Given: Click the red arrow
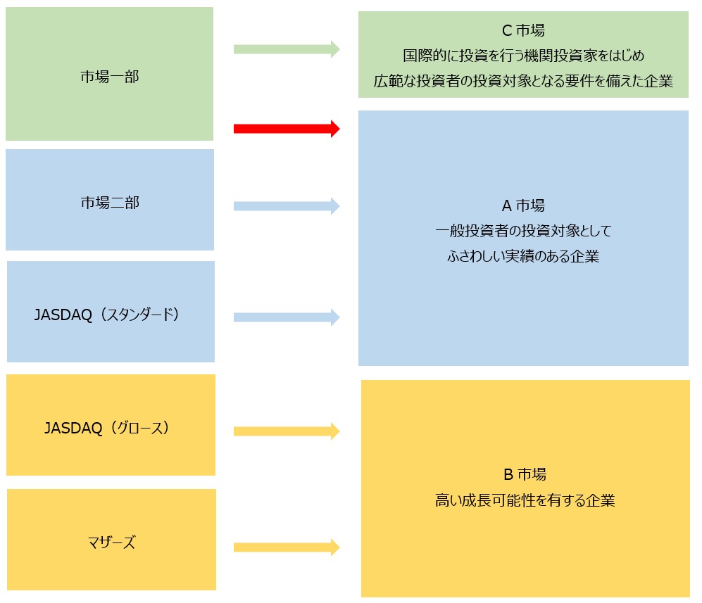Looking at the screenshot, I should click(x=287, y=129).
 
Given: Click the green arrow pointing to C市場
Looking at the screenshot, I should click(x=287, y=49).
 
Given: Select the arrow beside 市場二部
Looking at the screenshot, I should click(x=287, y=206).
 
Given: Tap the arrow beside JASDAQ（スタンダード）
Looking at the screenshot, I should click(x=287, y=317).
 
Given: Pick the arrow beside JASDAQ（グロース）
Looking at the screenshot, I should click(x=287, y=431).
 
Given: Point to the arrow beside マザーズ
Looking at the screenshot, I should click(x=287, y=547).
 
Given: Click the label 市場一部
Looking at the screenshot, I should click(x=110, y=77).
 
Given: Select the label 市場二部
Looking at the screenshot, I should click(x=110, y=203).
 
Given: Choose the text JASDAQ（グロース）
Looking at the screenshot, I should click(x=107, y=427).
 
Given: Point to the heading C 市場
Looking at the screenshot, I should click(x=522, y=30).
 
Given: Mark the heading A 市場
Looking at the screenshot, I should click(x=523, y=205).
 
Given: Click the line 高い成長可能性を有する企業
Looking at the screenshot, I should click(x=525, y=501).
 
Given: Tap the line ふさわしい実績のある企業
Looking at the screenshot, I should click(x=523, y=256).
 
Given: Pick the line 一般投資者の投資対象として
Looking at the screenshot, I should click(x=523, y=230).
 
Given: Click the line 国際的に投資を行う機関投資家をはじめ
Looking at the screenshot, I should click(x=523, y=56).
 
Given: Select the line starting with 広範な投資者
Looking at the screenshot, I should click(x=523, y=81).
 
